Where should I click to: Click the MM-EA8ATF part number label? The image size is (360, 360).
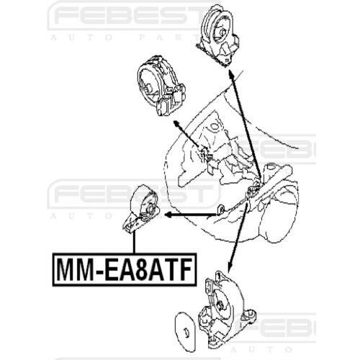[x=125, y=270]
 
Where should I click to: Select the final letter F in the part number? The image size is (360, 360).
[x=184, y=269]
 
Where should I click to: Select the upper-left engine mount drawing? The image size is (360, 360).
[x=161, y=86]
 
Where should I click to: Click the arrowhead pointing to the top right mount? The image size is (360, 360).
[x=230, y=73]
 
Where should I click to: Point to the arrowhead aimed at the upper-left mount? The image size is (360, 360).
[x=176, y=123]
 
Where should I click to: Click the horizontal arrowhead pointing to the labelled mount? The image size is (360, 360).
[x=168, y=215]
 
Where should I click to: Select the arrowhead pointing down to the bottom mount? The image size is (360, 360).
[x=229, y=269]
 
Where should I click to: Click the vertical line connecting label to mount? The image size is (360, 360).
[x=134, y=242]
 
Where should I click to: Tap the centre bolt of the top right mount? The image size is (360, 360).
[x=222, y=32]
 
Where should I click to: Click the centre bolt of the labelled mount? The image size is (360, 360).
[x=150, y=209]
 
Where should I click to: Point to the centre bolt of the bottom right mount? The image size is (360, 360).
[x=221, y=305]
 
